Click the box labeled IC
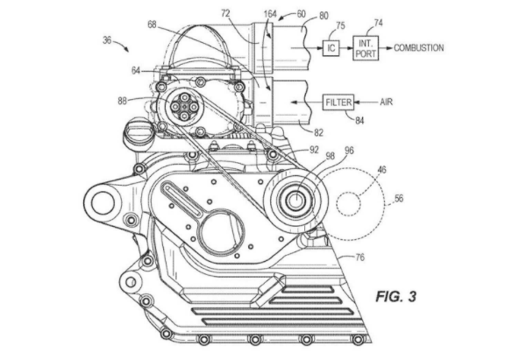click(x=331, y=48)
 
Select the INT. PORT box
click(x=366, y=48)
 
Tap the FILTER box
click(x=338, y=102)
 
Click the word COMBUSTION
click(x=418, y=48)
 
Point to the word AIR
click(x=387, y=102)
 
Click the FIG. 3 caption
click(x=396, y=296)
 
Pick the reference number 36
click(x=107, y=40)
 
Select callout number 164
click(x=270, y=14)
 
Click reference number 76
click(x=359, y=258)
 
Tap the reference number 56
click(x=399, y=199)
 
